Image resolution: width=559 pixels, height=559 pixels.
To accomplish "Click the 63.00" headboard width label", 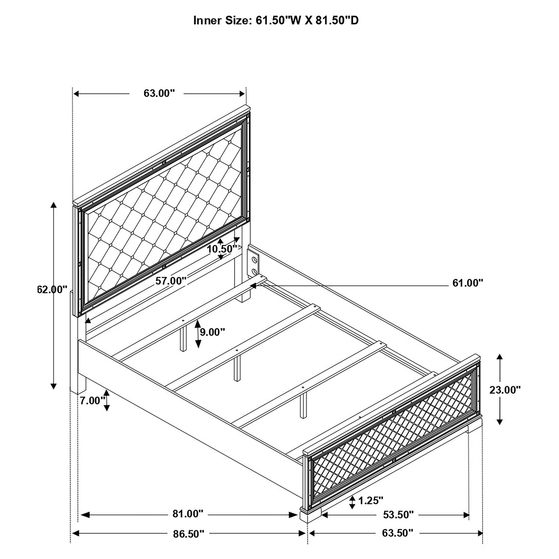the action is tap(159, 93).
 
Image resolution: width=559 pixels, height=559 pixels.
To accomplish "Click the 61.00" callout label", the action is tap(468, 283).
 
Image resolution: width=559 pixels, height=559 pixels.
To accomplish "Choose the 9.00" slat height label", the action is tap(212, 332).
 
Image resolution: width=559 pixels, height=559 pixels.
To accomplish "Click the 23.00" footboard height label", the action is tap(505, 390).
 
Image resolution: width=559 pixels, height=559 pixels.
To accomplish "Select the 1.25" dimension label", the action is tap(371, 500).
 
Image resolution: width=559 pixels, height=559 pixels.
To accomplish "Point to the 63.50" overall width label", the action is tap(398, 533).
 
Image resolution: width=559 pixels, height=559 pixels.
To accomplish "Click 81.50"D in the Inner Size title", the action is tap(337, 20).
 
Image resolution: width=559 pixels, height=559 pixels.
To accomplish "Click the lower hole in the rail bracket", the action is tap(255, 271).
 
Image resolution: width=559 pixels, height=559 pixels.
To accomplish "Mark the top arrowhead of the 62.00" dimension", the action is tap(54, 206).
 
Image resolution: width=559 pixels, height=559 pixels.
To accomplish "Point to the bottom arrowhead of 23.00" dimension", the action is tap(500, 421).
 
